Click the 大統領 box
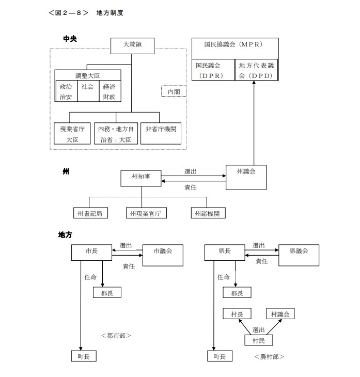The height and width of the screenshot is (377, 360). (132, 45)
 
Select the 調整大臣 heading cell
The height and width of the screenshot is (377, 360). (87, 75)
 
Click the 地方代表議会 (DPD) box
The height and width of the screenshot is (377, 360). (257, 70)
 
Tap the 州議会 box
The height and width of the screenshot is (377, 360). (246, 177)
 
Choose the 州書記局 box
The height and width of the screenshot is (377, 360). (90, 213)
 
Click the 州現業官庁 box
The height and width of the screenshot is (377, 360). (147, 213)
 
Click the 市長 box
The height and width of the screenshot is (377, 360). (92, 252)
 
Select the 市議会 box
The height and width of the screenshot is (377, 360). (162, 255)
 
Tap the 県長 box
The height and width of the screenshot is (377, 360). (225, 252)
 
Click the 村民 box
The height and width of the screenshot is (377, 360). (258, 340)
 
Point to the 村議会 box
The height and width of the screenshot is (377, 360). (280, 314)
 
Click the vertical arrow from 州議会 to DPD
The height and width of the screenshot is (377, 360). (254, 124)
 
